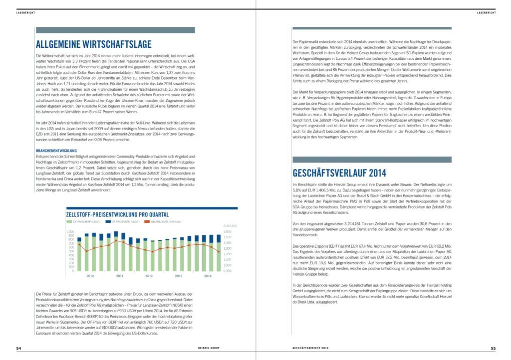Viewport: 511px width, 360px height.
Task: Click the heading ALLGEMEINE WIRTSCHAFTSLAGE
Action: click(x=94, y=44)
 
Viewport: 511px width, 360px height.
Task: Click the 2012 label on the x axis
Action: click(x=149, y=276)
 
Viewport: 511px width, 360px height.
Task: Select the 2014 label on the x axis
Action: click(x=207, y=276)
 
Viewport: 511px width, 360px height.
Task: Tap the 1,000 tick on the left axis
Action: click(x=69, y=232)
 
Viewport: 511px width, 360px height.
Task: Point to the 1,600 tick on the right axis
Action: click(x=228, y=232)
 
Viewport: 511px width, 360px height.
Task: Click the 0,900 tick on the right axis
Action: click(x=228, y=271)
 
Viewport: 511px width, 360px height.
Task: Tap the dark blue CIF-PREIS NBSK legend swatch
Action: click(x=108, y=221)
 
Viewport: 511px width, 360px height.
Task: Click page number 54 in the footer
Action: click(x=18, y=348)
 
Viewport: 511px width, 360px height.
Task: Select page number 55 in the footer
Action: click(x=493, y=348)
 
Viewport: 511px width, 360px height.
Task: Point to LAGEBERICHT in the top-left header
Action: click(x=25, y=12)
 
